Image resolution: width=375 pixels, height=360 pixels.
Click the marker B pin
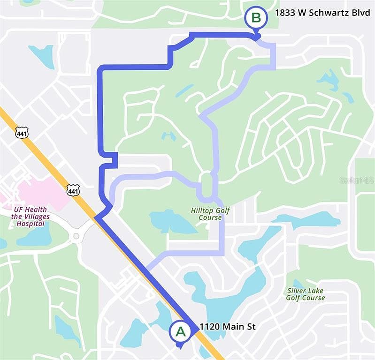pos(256,19)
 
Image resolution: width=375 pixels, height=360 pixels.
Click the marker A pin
pos(180,332)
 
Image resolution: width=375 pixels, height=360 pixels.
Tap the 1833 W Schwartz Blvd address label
pos(316,13)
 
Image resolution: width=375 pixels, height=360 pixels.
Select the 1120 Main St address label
pos(228,327)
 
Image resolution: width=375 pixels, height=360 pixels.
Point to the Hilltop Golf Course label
pos(210,214)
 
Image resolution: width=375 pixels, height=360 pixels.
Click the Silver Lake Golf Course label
pos(306,294)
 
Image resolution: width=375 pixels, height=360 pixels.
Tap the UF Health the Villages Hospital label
pos(31,216)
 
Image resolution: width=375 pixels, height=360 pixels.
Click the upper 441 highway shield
pos(22,133)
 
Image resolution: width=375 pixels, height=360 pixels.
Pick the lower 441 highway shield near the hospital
pos(73,190)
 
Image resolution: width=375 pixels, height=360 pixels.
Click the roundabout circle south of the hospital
pos(76,236)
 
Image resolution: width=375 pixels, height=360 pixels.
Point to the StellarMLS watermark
pos(357,180)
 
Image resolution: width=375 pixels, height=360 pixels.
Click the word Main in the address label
pos(233,327)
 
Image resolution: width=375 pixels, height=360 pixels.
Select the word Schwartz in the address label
pos(318,13)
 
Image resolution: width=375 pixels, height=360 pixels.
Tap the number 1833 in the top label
pos(284,13)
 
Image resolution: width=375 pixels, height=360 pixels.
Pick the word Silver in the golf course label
pos(296,290)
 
